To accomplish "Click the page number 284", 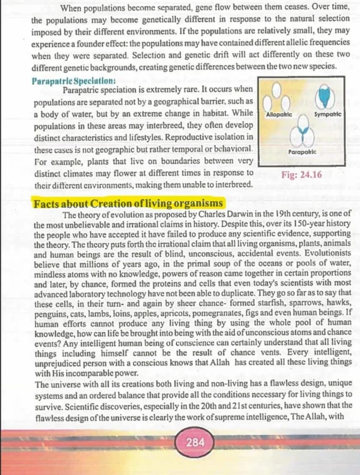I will (195, 442).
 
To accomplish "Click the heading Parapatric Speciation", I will (73, 81).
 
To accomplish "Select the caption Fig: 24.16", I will (301, 175).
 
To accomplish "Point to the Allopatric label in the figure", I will (279, 114).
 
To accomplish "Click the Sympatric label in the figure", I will (328, 114).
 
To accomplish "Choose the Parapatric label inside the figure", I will (302, 152).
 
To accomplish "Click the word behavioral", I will (232, 149).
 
